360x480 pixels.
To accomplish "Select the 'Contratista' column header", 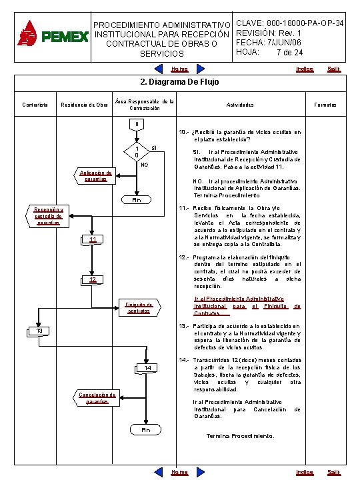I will coord(33,105).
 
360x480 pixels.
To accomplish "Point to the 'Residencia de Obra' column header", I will coord(83,105).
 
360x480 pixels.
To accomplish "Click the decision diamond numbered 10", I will coord(137,151).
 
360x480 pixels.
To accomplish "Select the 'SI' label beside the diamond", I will coord(154,146).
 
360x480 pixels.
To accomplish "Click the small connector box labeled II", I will coord(137,123).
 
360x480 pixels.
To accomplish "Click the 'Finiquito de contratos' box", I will coord(139,307).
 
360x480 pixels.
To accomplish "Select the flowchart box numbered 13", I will coord(39,331).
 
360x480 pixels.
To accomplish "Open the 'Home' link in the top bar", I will coord(179,69).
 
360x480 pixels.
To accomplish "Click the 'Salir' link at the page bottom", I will coord(333,472).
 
